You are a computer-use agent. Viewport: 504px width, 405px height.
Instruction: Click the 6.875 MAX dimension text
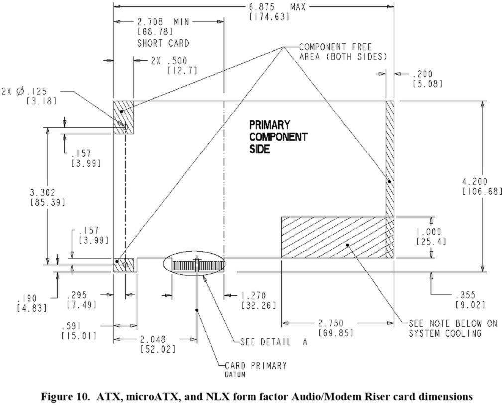click(x=277, y=7)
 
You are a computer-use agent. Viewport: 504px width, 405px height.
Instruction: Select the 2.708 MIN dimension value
click(x=164, y=22)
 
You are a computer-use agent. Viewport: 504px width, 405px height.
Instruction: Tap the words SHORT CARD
click(x=163, y=43)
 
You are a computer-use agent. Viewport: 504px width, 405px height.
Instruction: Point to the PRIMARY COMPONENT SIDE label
click(x=278, y=137)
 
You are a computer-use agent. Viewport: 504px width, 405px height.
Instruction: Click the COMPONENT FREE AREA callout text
click(x=343, y=52)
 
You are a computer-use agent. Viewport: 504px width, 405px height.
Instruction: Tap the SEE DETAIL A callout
click(x=274, y=342)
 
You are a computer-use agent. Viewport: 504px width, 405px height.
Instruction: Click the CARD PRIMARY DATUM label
click(x=255, y=369)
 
